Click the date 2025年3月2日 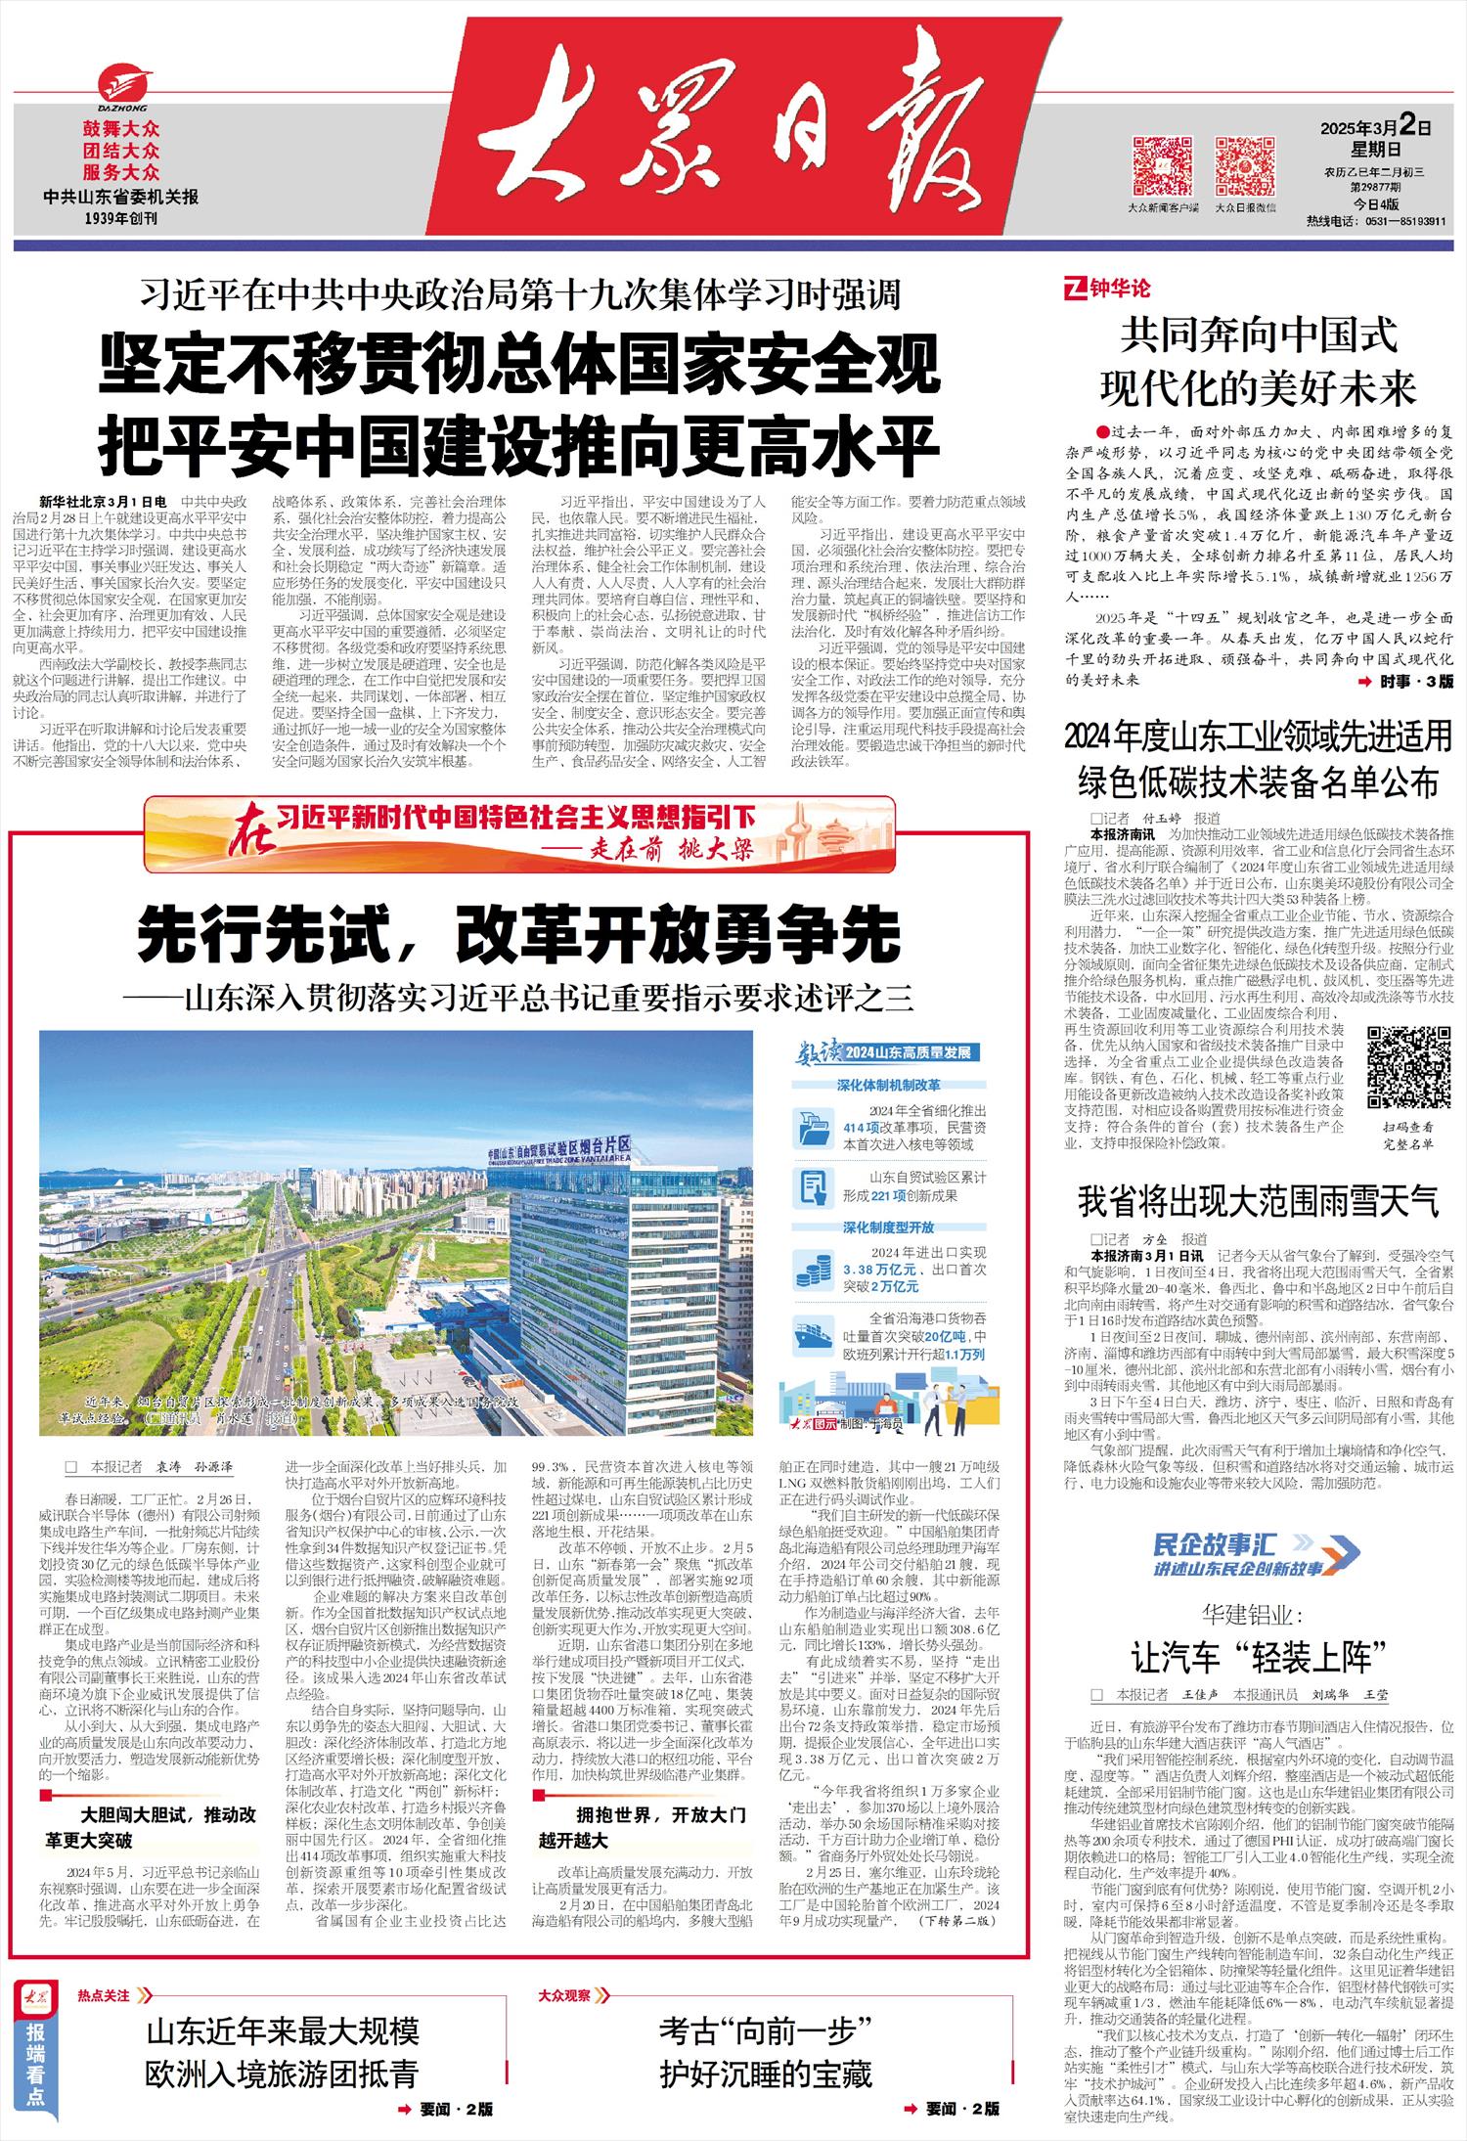pyautogui.click(x=1375, y=126)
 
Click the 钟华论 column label pyautogui.click(x=1108, y=289)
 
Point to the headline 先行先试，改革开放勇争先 pyautogui.click(x=518, y=934)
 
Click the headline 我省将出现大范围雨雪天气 pyautogui.click(x=1258, y=1201)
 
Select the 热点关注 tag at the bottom pyautogui.click(x=105, y=1995)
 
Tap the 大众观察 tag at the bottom pyautogui.click(x=565, y=1995)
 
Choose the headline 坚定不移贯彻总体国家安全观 pyautogui.click(x=518, y=362)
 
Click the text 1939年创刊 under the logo pyautogui.click(x=121, y=218)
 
